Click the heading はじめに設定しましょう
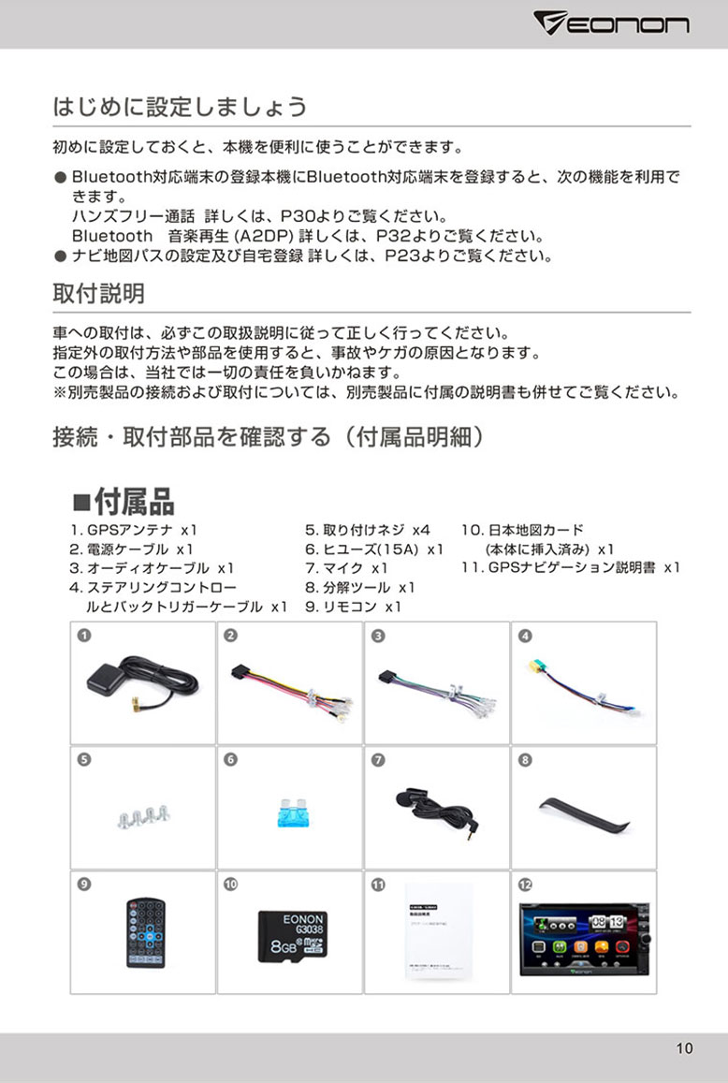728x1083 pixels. click(180, 107)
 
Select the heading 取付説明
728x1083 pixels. click(98, 294)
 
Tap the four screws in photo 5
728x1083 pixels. click(141, 813)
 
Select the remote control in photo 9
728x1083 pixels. click(145, 932)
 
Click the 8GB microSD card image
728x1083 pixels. click(290, 932)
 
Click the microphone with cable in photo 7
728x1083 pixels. click(436, 806)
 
